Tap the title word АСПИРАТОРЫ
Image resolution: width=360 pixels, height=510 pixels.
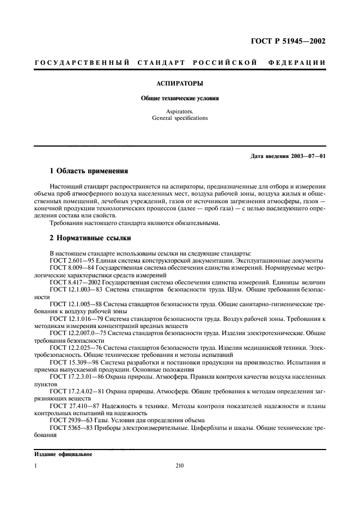coord(180,84)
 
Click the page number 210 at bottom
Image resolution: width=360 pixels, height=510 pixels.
coord(180,466)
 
